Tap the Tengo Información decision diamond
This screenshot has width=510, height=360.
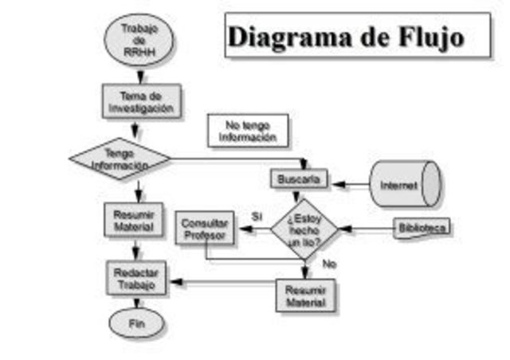pos(120,158)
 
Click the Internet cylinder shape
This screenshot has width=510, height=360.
pos(404,184)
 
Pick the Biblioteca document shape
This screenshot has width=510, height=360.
pos(422,229)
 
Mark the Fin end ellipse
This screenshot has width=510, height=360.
pos(136,323)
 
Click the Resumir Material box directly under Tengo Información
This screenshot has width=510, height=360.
pos(133,219)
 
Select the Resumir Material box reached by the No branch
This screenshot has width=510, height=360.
pos(305,295)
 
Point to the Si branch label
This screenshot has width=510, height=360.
pos(257,216)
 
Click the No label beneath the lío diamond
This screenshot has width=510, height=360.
pos(328,264)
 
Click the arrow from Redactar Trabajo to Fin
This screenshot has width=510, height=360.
pos(136,302)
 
